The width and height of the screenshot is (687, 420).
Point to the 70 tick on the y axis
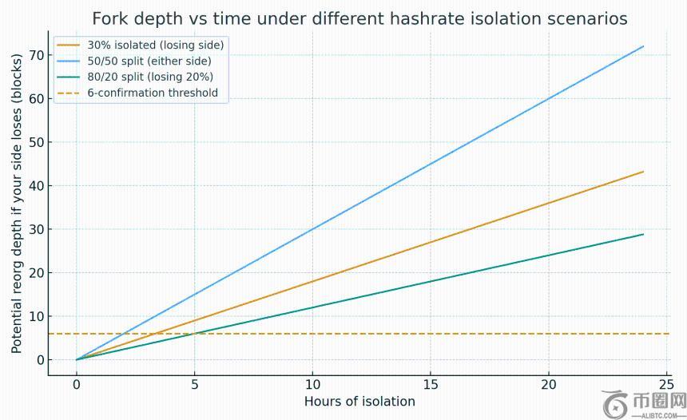point(37,55)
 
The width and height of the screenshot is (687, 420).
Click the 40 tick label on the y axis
point(37,185)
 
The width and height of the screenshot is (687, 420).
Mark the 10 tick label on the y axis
point(37,316)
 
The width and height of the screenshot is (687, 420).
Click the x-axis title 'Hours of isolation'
point(359,402)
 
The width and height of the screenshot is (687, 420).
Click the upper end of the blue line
point(643,46)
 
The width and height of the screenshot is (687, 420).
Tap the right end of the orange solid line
point(643,172)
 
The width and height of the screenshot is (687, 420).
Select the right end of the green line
point(643,234)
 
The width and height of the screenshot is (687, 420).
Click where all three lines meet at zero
point(77,359)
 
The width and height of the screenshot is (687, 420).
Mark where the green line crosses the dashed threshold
point(194,334)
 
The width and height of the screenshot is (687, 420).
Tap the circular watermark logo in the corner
point(617,402)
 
